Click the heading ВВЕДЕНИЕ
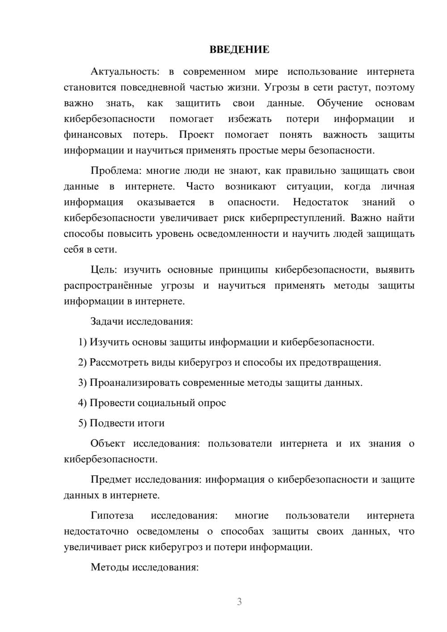239,50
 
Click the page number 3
239,602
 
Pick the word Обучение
340,103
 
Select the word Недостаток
320,202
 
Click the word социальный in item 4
166,403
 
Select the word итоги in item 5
152,423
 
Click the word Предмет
111,480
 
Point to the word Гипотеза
112,516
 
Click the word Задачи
107,321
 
